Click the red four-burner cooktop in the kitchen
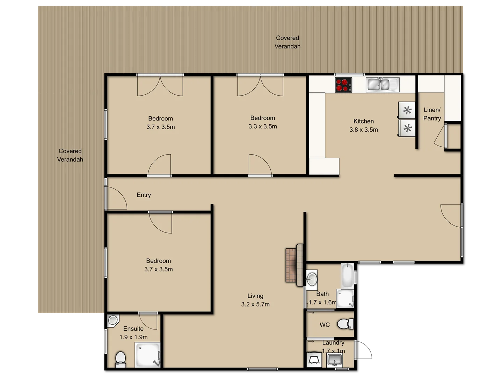(343, 85)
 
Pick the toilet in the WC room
(345, 324)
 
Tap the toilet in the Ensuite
(121, 358)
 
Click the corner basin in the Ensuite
(112, 320)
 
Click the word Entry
(144, 195)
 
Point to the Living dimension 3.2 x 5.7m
(255, 304)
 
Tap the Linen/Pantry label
(432, 114)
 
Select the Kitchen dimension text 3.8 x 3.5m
(364, 130)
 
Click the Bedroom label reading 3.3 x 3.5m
(263, 122)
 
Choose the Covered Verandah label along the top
(287, 42)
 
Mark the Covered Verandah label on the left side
(70, 155)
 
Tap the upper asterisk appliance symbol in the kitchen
(407, 111)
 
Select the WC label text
(325, 325)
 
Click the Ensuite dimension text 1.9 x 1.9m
(133, 337)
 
